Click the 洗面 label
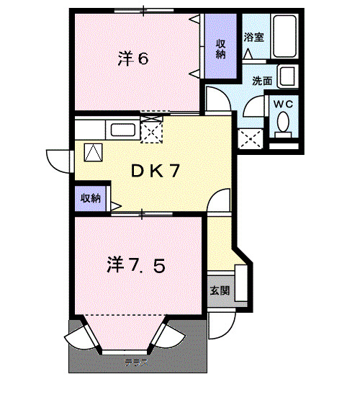point(262,81)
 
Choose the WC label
point(286,104)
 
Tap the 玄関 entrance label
point(220,291)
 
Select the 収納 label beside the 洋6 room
point(222,48)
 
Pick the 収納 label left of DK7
point(90,198)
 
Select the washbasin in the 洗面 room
point(288,77)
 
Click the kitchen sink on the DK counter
point(122,130)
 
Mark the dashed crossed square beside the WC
point(251,137)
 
